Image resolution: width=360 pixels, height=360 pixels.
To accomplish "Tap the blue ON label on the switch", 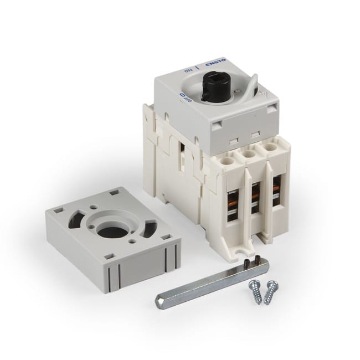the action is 188,71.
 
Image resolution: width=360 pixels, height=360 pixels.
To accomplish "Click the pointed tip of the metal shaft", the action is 157,300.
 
